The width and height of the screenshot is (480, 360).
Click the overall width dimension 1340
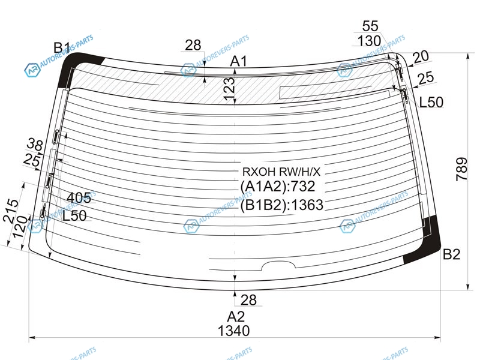point(233,331)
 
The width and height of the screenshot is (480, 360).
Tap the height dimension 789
point(461,169)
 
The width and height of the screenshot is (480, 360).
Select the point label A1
point(238,61)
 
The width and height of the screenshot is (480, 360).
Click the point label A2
point(236,317)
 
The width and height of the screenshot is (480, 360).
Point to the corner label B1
point(62,48)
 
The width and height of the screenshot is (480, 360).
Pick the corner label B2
point(452,254)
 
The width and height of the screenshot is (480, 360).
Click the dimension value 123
point(229,89)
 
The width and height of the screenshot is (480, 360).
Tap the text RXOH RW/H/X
point(281,172)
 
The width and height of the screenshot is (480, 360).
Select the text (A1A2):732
point(278,186)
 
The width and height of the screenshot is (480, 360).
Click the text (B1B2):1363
point(281,205)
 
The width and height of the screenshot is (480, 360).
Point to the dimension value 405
point(79,198)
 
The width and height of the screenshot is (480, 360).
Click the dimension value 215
point(11,211)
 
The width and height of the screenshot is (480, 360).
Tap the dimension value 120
point(20,227)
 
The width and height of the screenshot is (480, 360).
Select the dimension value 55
point(370,26)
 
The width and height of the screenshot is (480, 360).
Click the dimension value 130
point(369,41)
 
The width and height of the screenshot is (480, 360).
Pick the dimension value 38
point(35,144)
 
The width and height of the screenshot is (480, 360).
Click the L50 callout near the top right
point(431,102)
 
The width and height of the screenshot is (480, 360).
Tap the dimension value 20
point(421,56)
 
